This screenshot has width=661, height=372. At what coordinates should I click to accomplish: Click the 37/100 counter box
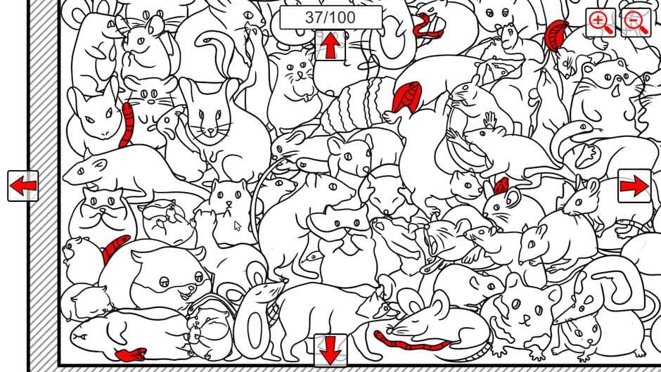point(330,18)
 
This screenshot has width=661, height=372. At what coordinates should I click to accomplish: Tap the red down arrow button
point(330,349)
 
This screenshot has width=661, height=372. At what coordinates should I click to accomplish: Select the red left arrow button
point(23,186)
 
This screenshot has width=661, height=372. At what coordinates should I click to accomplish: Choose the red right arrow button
point(634,186)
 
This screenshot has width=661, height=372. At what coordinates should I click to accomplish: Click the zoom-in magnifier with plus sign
point(601,23)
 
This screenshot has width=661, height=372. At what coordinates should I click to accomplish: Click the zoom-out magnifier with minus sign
point(635,23)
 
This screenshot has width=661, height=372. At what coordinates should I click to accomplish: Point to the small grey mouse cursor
point(238,226)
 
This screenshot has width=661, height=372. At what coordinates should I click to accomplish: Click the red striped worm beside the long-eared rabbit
point(127,124)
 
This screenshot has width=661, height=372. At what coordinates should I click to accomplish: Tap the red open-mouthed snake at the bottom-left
point(131,354)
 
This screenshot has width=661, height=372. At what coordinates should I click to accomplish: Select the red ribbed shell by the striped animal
point(406,96)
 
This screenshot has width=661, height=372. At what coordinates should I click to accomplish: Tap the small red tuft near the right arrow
point(501,186)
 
